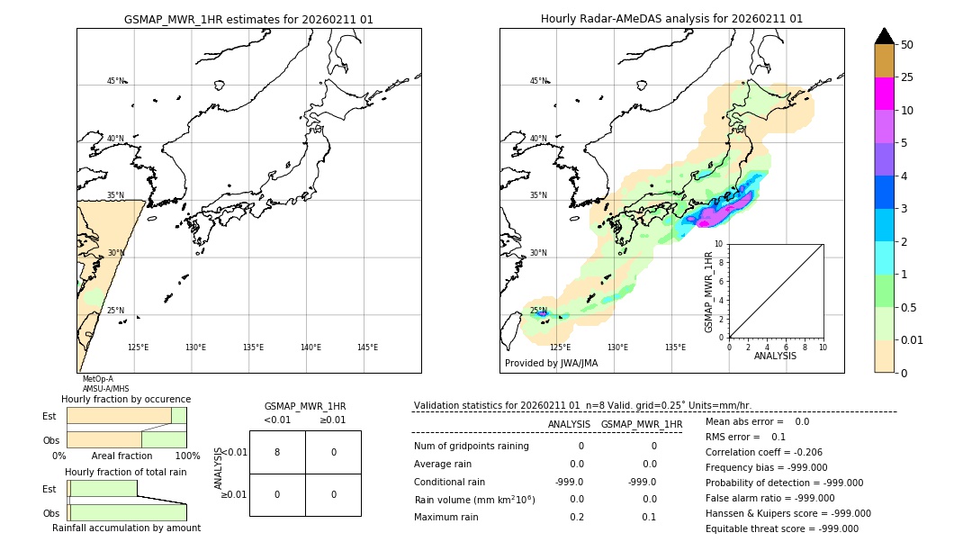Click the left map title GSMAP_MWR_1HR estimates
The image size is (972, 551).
point(248,19)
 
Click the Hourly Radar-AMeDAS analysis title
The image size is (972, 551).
point(671,19)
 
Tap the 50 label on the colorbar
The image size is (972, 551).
point(907,45)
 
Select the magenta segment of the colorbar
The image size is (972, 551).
point(884,94)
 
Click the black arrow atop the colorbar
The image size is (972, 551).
point(884,36)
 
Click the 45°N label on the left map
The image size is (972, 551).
point(115,81)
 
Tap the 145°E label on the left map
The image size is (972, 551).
point(367,348)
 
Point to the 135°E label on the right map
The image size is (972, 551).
point(675,348)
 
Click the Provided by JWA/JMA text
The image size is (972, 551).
point(551,364)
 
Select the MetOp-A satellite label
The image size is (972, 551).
point(98,379)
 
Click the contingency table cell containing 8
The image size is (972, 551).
point(277,452)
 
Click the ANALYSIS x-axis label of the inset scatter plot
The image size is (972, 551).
point(775,356)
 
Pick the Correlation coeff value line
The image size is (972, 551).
point(763,453)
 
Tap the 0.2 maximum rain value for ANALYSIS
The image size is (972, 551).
point(576,517)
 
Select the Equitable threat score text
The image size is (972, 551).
point(781,528)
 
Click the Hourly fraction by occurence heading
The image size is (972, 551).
point(126,399)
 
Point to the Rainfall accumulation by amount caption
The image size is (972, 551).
point(126,528)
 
